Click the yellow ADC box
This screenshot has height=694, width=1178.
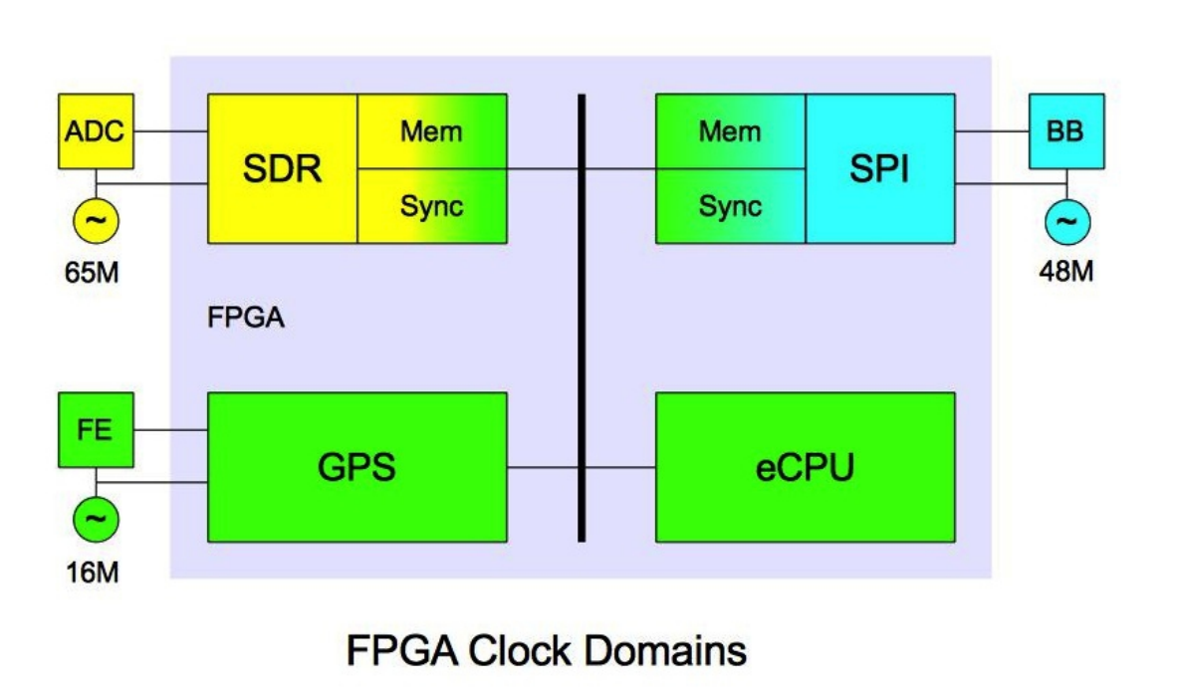pos(96,131)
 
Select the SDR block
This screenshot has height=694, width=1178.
pos(283,168)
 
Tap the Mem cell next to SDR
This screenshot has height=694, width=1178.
pos(432,131)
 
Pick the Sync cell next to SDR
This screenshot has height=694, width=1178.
pos(432,206)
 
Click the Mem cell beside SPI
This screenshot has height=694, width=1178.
pos(730,131)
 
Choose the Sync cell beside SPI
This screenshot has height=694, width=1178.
pos(730,206)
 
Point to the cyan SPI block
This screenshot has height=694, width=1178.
pos(880,168)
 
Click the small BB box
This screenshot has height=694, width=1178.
pos(1066,131)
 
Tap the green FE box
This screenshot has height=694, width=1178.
pos(96,430)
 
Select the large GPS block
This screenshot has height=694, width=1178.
pos(356,467)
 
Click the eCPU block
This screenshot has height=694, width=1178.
pos(805,467)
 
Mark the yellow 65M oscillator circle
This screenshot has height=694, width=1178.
pos(96,221)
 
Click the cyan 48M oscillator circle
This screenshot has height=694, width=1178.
pos(1066,221)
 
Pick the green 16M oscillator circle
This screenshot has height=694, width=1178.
pos(96,519)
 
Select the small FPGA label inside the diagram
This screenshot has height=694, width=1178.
pos(247,320)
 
